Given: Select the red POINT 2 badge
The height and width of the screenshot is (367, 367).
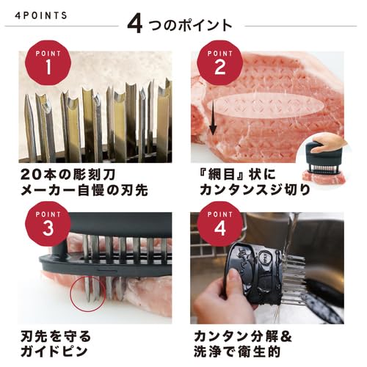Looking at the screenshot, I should click(x=217, y=64).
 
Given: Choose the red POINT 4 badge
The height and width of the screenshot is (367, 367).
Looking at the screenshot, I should click(x=217, y=225).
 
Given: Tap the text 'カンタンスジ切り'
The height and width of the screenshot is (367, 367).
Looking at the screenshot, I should click(x=254, y=192).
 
